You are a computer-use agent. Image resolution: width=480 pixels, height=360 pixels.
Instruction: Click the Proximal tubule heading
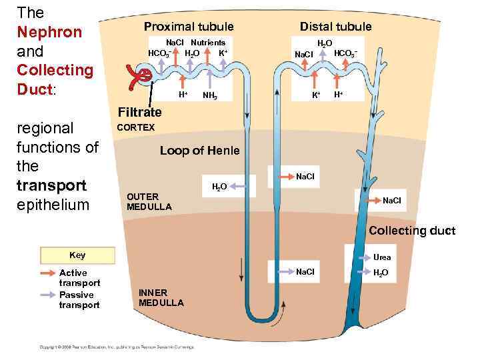(x=189, y=27)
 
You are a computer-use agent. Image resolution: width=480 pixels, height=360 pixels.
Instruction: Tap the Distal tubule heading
(x=335, y=27)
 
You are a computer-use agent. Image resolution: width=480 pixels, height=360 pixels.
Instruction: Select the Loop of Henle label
(x=199, y=151)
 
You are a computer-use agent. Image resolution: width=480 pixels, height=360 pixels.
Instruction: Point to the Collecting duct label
(x=412, y=231)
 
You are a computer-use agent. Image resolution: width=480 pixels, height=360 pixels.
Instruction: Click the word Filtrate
(x=139, y=112)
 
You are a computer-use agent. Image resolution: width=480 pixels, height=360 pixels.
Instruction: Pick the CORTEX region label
(x=135, y=127)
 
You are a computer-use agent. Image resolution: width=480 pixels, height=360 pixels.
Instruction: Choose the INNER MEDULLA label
(x=161, y=297)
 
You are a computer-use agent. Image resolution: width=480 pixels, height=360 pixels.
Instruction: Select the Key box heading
(x=77, y=255)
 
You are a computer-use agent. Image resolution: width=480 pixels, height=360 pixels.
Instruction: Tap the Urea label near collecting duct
(x=382, y=257)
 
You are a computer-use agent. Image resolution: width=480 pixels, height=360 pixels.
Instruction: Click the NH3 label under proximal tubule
(x=210, y=96)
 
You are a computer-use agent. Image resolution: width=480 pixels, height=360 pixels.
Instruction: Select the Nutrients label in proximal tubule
(x=208, y=42)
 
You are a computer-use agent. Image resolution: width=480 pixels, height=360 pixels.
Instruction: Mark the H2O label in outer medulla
(x=219, y=186)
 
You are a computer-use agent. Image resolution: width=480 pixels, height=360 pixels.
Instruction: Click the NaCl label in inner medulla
(x=305, y=272)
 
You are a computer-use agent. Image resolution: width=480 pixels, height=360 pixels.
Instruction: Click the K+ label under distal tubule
(x=316, y=95)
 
